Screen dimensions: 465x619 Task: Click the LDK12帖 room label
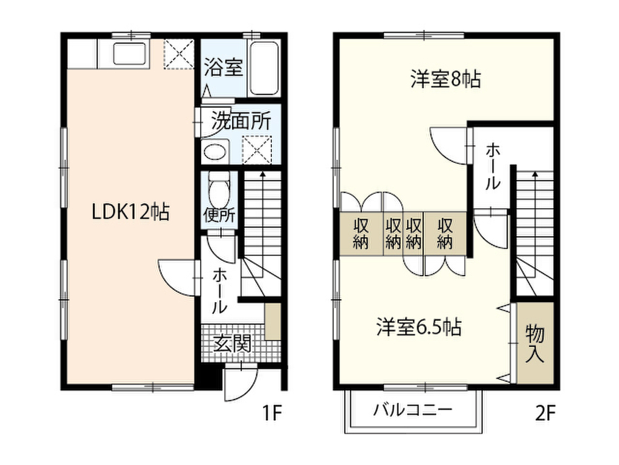(130, 212)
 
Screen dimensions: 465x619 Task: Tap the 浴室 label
(223, 68)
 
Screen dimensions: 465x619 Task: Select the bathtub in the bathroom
(264, 68)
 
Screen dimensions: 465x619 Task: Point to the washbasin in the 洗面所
(213, 152)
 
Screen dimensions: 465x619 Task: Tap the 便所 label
(219, 215)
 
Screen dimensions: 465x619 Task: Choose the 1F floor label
(272, 414)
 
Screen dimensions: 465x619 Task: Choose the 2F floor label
(544, 414)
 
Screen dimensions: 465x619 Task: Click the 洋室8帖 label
(446, 80)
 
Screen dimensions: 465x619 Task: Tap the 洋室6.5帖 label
(419, 328)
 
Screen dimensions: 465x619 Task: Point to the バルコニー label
(412, 410)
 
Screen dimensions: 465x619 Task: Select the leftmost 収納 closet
(361, 233)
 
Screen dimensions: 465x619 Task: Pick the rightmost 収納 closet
(445, 233)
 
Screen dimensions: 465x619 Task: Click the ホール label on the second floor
(493, 167)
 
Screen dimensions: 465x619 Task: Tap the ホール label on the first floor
(219, 292)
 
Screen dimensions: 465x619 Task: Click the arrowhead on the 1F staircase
(262, 174)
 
